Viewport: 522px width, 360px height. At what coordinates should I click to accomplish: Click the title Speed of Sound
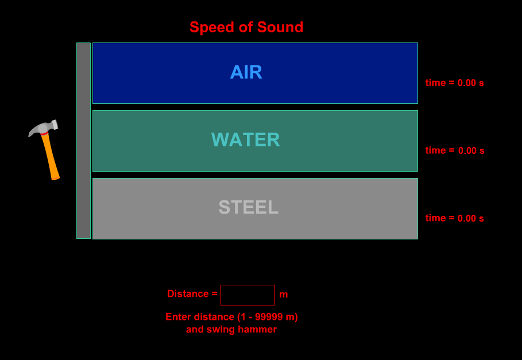pyautogui.click(x=246, y=27)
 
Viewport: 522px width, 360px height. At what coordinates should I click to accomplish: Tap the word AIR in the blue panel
pyautogui.click(x=246, y=72)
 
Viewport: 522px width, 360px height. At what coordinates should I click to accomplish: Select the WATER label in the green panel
pyautogui.click(x=246, y=140)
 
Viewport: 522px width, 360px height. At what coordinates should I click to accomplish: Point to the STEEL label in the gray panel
pyautogui.click(x=249, y=207)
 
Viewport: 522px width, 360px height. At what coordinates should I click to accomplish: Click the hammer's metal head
pyautogui.click(x=44, y=128)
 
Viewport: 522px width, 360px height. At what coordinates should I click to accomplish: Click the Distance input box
pyautogui.click(x=248, y=295)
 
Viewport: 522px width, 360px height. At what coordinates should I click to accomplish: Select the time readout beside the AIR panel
pyautogui.click(x=454, y=83)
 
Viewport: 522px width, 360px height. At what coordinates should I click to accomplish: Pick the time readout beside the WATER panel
pyautogui.click(x=455, y=150)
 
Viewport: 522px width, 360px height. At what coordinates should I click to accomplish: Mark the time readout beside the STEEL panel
pyautogui.click(x=454, y=218)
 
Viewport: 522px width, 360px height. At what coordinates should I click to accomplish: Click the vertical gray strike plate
pyautogui.click(x=84, y=141)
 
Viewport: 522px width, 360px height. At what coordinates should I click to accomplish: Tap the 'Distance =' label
pyautogui.click(x=192, y=294)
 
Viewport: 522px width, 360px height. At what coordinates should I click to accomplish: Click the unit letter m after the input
pyautogui.click(x=284, y=295)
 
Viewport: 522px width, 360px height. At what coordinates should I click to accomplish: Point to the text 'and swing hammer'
pyautogui.click(x=231, y=330)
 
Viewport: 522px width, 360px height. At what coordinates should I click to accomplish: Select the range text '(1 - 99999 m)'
pyautogui.click(x=268, y=317)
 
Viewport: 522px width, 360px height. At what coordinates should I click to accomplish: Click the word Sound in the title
pyautogui.click(x=281, y=27)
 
